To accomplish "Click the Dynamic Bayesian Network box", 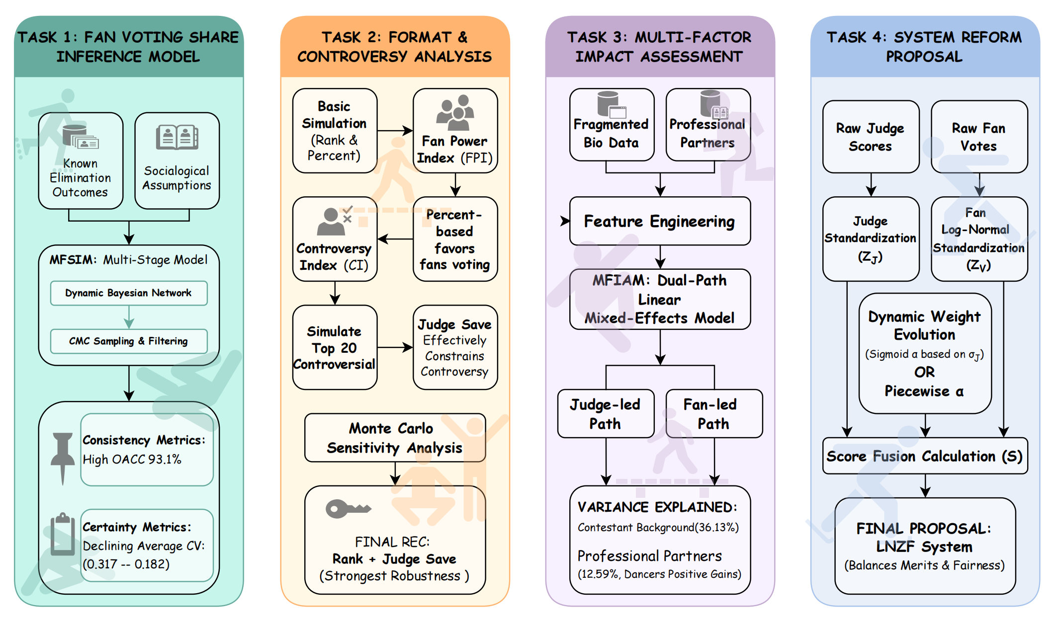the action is (x=129, y=293).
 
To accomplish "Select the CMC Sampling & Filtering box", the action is (x=129, y=341).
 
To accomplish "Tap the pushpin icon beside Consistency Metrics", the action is (x=63, y=458).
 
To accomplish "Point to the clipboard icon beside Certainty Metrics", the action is (x=63, y=534).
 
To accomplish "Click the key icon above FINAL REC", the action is (x=348, y=508).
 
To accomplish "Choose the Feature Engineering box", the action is (x=660, y=221).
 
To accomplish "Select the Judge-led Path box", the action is (x=606, y=414).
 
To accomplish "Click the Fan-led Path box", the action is (x=714, y=414).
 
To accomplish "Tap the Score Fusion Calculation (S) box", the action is (x=925, y=456).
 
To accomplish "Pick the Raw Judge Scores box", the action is (x=871, y=137).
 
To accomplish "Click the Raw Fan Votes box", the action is (x=979, y=137).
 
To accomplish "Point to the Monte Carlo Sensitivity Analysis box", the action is (x=395, y=438).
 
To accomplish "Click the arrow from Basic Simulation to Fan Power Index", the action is (x=395, y=131).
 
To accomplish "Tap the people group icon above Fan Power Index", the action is (x=455, y=113).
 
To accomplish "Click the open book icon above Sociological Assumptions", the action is (x=177, y=137).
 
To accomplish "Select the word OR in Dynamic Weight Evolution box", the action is (x=924, y=372).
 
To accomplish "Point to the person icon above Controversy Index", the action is (x=331, y=222).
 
